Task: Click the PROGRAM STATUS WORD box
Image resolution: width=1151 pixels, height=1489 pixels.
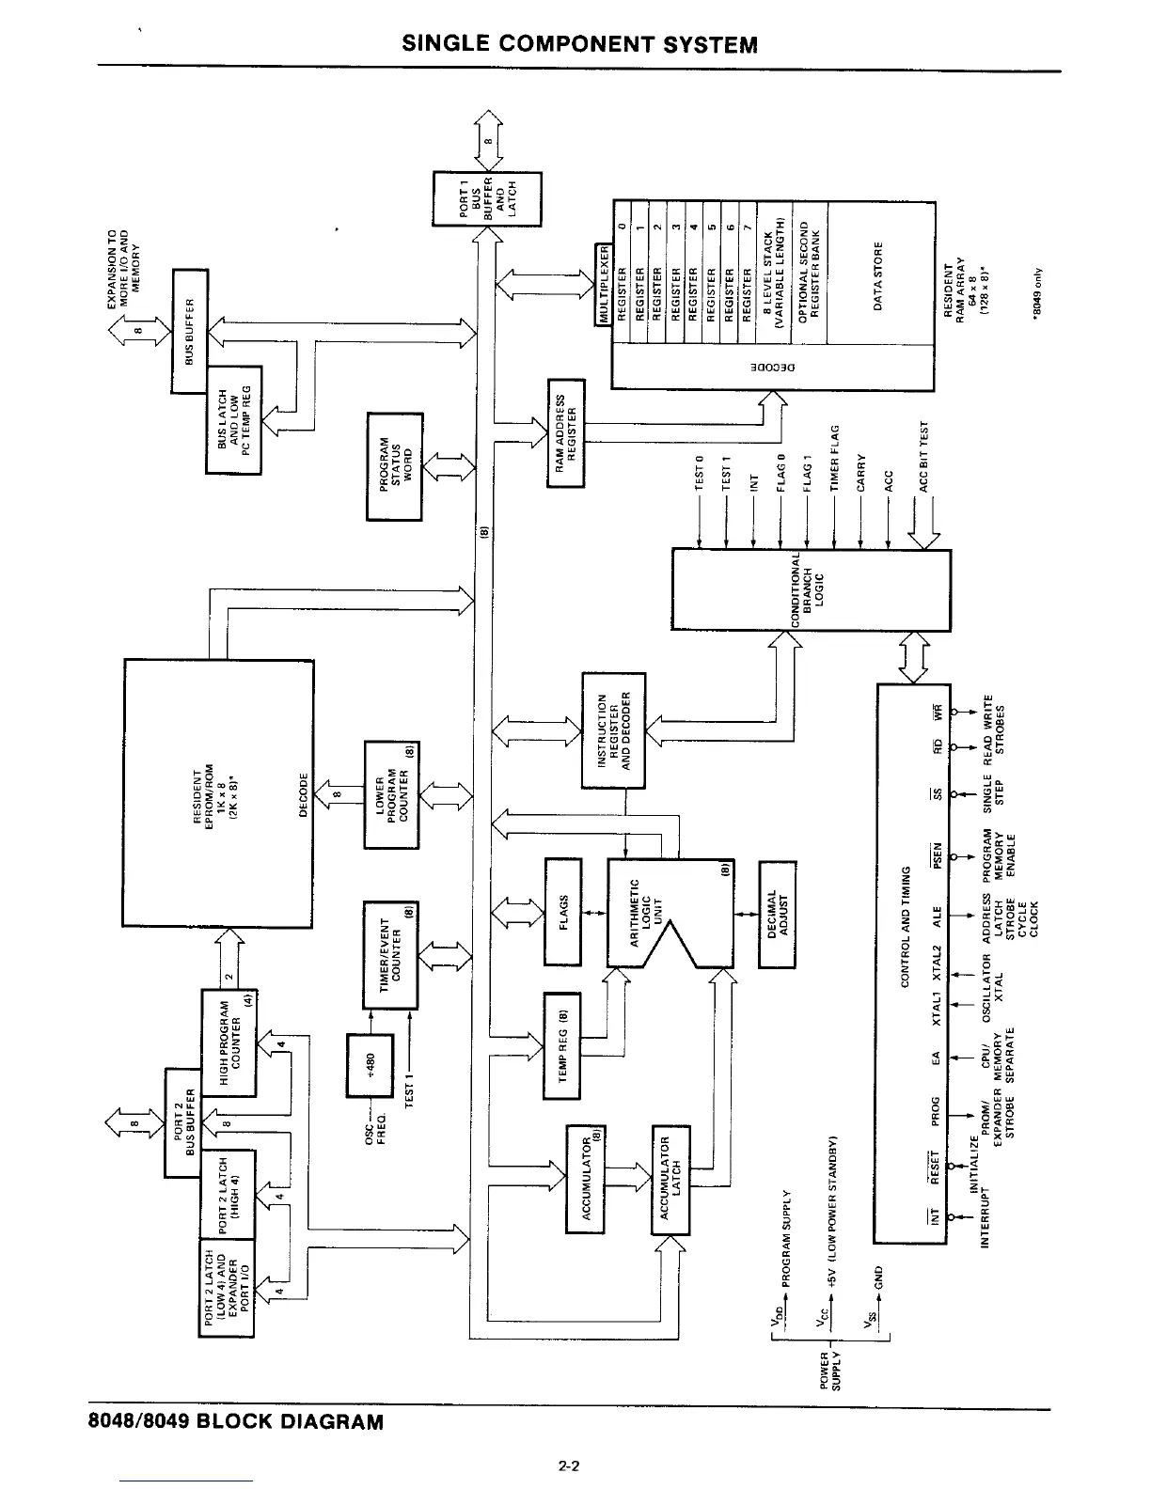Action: [395, 465]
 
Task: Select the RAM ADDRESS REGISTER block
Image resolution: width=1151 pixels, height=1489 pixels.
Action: [565, 432]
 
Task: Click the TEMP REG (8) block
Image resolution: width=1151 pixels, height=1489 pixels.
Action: [563, 1044]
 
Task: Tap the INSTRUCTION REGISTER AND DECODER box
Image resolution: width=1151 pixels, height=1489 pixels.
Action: [614, 730]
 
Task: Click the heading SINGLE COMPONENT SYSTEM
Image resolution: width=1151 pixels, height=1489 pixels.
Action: [579, 45]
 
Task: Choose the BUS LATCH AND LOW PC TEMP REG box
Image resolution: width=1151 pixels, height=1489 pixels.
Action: [234, 420]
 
